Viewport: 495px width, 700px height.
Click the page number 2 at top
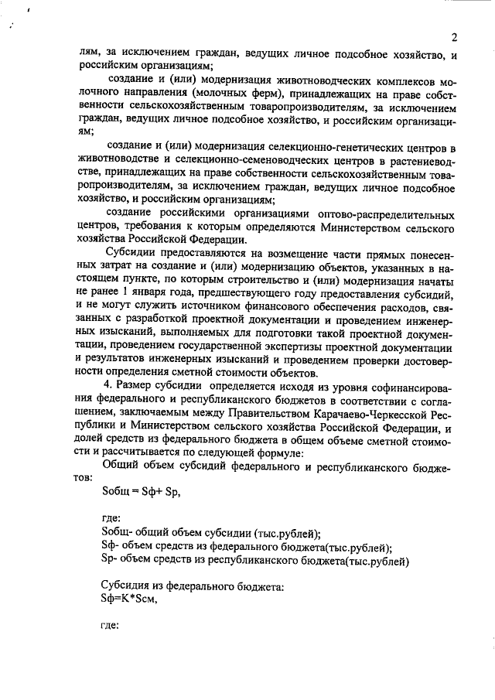[455, 36]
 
